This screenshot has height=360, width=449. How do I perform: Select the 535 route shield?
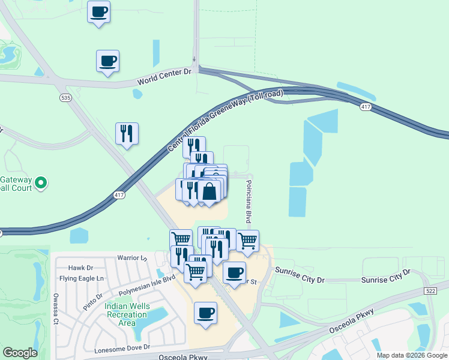pos(64,97)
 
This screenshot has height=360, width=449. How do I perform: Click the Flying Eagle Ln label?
pos(82,278)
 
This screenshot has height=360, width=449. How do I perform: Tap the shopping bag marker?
pos(209,192)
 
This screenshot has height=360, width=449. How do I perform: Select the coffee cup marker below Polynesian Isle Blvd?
pos(206,313)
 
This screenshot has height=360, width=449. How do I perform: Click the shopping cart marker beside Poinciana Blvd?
pos(247,241)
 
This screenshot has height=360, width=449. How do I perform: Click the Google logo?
pos(20,353)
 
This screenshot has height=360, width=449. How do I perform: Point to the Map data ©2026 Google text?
pos(412,355)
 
